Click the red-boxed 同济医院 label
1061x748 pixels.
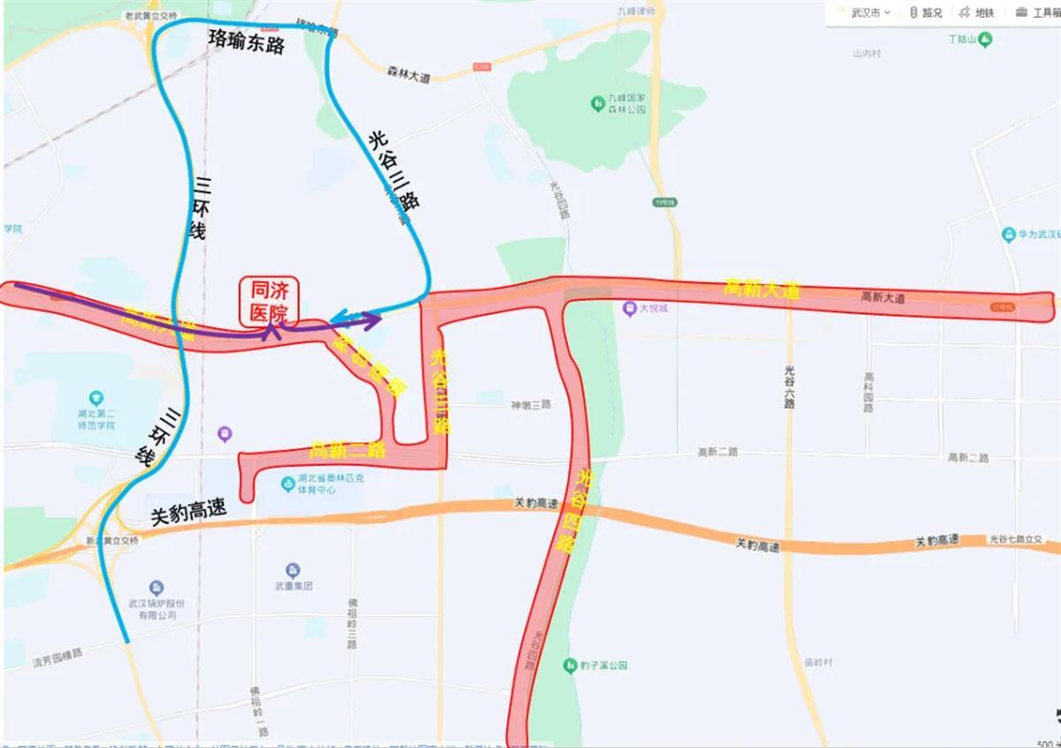click(270, 301)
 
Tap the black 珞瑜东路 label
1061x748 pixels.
click(246, 41)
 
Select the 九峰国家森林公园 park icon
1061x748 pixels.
click(597, 103)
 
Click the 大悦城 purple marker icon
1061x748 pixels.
click(629, 309)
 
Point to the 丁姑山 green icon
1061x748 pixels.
click(984, 39)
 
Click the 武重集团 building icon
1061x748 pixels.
click(292, 570)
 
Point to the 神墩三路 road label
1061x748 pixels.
click(530, 404)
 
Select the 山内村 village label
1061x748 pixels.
click(866, 54)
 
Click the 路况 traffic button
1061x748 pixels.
click(925, 12)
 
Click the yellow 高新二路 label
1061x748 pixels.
click(348, 450)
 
